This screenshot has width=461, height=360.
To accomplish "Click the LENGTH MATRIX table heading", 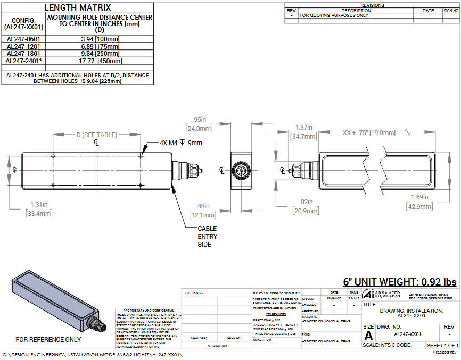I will [77, 7].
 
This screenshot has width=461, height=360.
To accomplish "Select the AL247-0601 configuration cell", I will [23, 39].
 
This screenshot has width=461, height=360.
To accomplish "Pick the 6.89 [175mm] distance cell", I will [100, 46].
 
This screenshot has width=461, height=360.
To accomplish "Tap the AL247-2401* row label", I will [23, 61].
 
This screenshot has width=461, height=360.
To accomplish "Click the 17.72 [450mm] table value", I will [100, 61].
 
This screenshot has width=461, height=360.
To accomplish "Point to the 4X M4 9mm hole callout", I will [180, 143].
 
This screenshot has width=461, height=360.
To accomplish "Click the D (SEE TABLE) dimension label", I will [96, 135].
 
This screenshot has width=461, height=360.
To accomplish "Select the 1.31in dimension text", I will [39, 204].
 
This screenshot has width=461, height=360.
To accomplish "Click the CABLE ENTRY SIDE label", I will [208, 236].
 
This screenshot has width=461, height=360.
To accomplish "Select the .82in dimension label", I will [304, 202].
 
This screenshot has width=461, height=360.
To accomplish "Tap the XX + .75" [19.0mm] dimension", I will [369, 132].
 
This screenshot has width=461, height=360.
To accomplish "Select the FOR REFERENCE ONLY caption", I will [48, 339].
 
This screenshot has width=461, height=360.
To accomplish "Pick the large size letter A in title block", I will [368, 336].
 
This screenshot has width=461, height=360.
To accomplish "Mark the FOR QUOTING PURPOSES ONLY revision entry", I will [334, 15].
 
